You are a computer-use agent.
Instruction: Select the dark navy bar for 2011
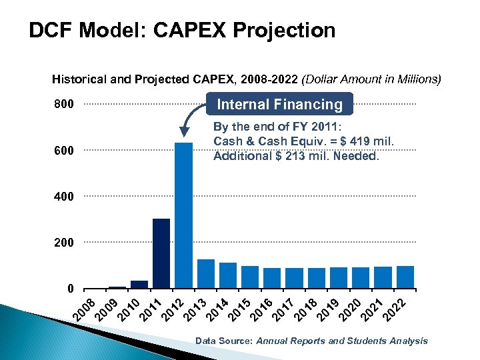tap(161, 253)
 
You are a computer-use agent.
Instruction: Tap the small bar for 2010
tap(139, 285)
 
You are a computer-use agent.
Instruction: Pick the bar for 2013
tap(206, 273)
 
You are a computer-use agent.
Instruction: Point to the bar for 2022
tap(405, 277)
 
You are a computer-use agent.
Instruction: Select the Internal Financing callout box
tap(280, 105)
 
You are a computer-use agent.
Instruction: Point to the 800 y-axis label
tap(64, 105)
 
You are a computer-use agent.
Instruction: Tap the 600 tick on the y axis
tap(64, 151)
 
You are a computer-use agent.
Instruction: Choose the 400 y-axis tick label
tap(64, 197)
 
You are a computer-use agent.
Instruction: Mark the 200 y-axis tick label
tap(64, 243)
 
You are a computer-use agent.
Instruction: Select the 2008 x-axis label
tap(83, 308)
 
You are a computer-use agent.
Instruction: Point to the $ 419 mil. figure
tap(367, 141)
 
